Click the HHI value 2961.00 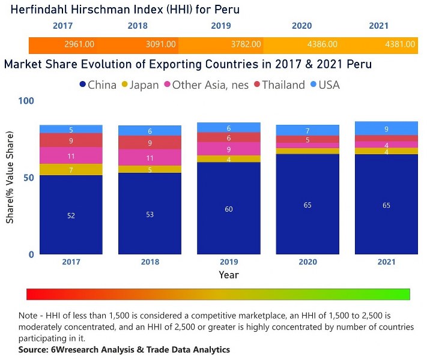click(79, 44)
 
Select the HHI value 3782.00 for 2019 click(246, 44)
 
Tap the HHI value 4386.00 click(322, 44)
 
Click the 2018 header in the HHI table click(138, 26)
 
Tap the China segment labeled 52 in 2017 click(71, 215)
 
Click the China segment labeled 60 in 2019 click(229, 209)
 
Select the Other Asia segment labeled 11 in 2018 click(150, 158)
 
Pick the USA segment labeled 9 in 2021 click(386, 128)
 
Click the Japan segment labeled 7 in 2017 click(71, 170)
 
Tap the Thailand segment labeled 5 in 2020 click(307, 140)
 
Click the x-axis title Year click(228, 275)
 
